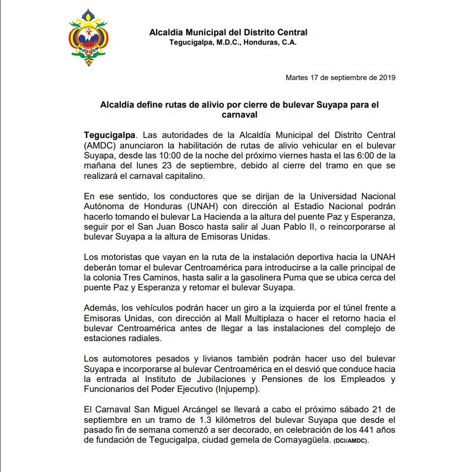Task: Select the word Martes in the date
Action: (297, 77)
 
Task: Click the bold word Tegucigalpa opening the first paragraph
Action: (109, 135)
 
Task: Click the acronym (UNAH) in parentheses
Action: (188, 205)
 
